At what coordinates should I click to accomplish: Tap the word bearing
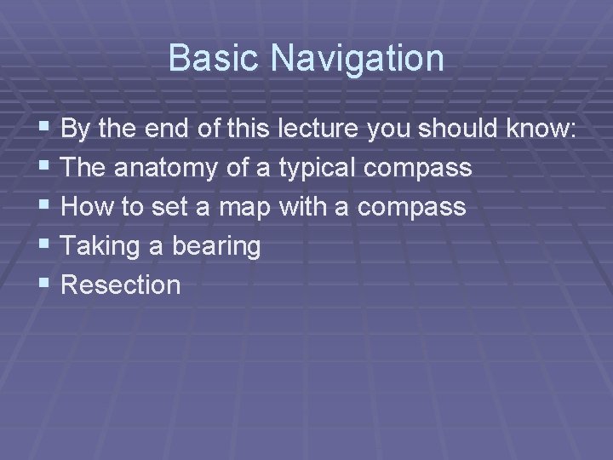[216, 246]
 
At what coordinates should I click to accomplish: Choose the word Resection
[121, 285]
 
